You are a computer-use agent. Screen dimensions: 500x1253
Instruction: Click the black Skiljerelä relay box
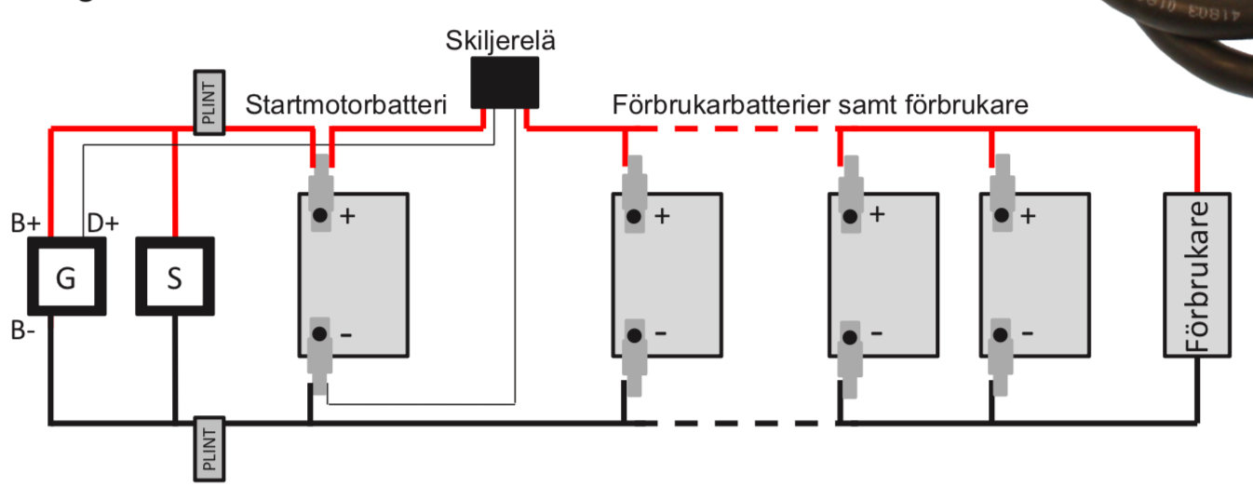(x=504, y=82)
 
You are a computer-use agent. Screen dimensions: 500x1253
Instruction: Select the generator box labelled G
(x=65, y=277)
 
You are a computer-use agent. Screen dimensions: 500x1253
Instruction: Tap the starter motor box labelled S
(x=174, y=277)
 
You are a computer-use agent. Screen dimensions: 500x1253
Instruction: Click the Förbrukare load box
(x=1198, y=276)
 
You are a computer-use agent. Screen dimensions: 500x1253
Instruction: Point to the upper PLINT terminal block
(x=209, y=101)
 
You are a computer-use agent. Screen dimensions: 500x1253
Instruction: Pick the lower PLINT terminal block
(x=209, y=449)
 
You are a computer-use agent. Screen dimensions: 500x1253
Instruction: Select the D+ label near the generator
(x=101, y=223)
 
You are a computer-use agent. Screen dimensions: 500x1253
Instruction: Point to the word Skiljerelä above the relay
(x=504, y=42)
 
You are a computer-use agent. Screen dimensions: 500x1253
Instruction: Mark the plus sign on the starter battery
(x=348, y=216)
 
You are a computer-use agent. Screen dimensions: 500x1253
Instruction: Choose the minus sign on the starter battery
(x=346, y=333)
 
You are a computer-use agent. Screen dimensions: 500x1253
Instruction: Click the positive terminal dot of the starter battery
(x=320, y=216)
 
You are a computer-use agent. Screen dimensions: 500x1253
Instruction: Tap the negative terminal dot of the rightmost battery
(x=1001, y=332)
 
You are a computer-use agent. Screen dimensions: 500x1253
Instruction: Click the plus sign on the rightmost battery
(x=1028, y=216)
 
